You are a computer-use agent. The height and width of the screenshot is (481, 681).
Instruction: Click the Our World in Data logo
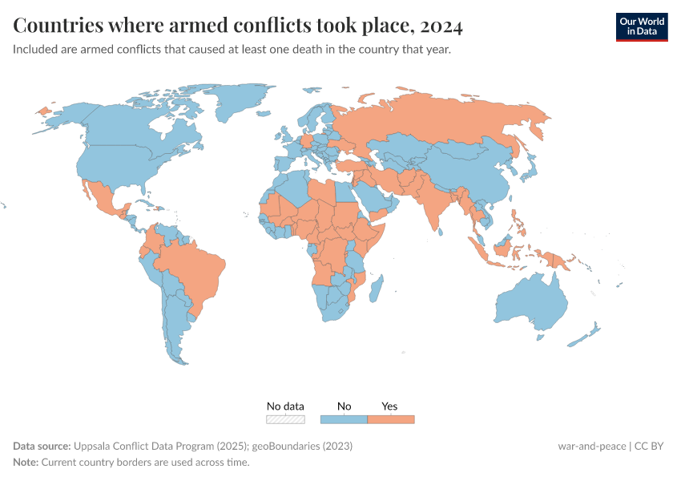click(x=641, y=26)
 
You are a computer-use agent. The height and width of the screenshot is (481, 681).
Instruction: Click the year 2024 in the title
click(x=440, y=26)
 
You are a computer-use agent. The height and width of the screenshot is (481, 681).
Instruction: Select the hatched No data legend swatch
click(x=285, y=419)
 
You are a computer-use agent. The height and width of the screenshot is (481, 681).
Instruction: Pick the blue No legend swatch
click(x=344, y=419)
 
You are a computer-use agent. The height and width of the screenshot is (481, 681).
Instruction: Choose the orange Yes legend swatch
click(x=390, y=419)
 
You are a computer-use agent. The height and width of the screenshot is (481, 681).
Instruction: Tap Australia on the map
click(x=533, y=303)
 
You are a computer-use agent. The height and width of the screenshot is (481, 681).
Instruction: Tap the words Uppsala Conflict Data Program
click(x=139, y=446)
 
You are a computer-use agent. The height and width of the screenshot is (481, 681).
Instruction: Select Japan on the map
click(x=530, y=168)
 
